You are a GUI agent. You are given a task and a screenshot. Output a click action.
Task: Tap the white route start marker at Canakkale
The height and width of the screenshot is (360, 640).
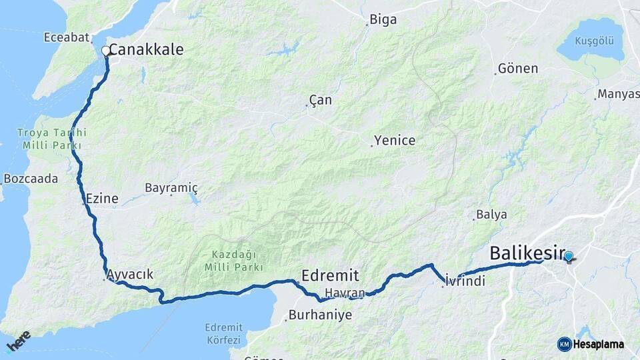click(105, 51)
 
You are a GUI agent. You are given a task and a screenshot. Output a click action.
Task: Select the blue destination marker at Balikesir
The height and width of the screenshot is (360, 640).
click(568, 256)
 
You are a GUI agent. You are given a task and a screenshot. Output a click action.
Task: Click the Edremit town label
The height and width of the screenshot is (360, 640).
click(330, 275)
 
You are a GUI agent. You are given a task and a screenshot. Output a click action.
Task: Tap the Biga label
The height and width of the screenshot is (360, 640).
click(383, 20)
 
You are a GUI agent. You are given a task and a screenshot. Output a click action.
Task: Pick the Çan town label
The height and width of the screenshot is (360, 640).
click(321, 101)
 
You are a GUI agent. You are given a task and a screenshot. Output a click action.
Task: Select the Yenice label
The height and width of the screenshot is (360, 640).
click(395, 141)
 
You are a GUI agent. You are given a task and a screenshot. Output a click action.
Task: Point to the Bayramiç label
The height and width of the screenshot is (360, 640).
click(171, 189)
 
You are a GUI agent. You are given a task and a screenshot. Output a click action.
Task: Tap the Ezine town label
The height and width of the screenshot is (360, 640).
click(102, 198)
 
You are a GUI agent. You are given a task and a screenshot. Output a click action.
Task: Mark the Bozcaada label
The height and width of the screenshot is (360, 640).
click(31, 179)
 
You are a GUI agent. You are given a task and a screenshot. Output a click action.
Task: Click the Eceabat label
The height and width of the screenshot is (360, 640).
click(66, 37)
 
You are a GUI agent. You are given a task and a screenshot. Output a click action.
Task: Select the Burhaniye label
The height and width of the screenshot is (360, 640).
click(321, 315)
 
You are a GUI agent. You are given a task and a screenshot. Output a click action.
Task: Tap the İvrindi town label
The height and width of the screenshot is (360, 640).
click(465, 281)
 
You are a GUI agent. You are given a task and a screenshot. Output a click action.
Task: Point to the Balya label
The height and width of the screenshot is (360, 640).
click(492, 215)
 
